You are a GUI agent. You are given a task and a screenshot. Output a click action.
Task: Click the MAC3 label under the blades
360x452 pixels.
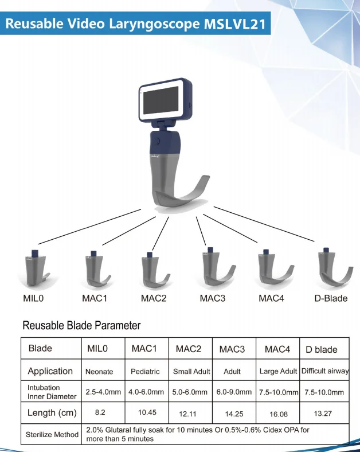pyautogui.click(x=213, y=298)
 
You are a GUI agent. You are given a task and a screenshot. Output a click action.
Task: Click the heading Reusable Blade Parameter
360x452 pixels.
pyautogui.click(x=81, y=326)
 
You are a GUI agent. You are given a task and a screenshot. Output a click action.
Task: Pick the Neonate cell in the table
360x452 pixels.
pyautogui.click(x=99, y=371)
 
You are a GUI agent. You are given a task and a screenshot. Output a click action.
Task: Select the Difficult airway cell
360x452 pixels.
pyautogui.click(x=325, y=371)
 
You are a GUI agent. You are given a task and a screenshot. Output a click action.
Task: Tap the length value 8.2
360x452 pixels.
pyautogui.click(x=100, y=412)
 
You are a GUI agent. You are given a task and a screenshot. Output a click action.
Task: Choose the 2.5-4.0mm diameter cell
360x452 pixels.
pyautogui.click(x=103, y=392)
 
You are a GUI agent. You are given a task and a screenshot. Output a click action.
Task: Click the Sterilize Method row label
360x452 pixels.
pyautogui.click(x=52, y=434)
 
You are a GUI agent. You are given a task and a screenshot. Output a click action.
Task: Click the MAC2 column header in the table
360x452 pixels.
pyautogui.click(x=189, y=349)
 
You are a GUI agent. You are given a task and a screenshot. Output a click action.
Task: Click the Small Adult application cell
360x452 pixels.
pyautogui.click(x=191, y=372)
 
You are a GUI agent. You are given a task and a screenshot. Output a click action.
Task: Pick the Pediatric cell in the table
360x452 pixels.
pyautogui.click(x=145, y=371)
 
